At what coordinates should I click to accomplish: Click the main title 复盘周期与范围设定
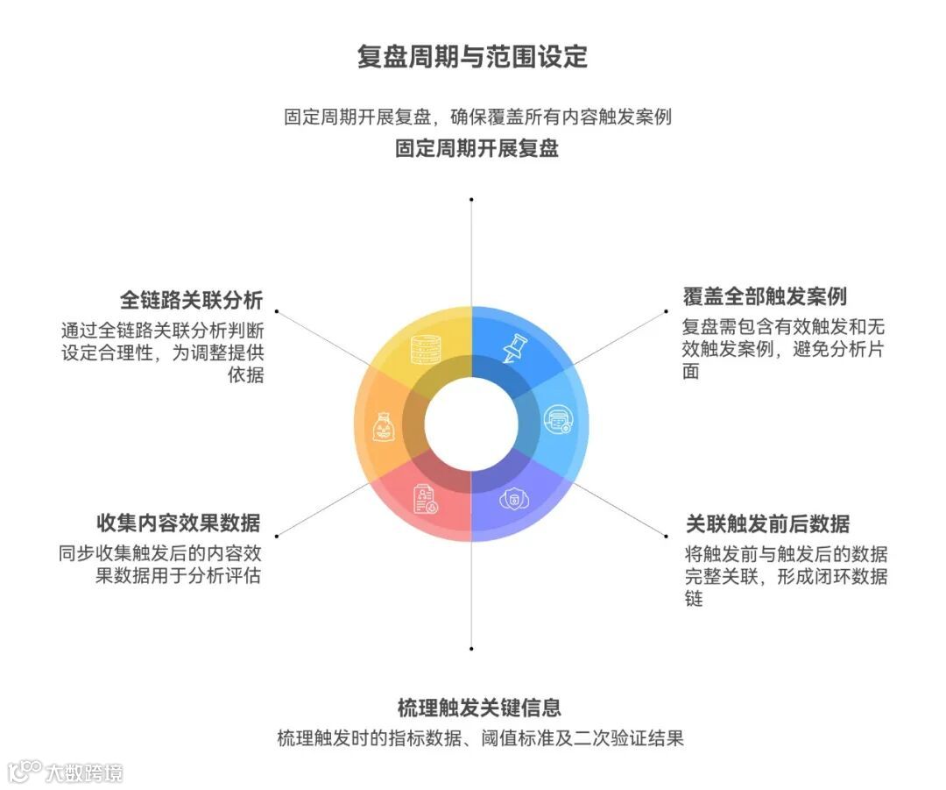point(472,57)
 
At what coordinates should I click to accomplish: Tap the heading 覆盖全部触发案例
point(765,295)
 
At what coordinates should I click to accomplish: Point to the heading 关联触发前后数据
point(767,524)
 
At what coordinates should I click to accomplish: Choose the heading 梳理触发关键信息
point(479,708)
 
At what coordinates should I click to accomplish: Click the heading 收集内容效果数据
point(178,523)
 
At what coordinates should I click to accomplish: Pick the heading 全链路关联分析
point(191,300)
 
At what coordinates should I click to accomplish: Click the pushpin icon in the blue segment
point(514,348)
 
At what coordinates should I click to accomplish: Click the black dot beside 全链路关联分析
point(276,310)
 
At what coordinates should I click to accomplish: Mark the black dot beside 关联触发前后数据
point(668,535)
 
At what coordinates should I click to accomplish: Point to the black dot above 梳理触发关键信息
point(471,649)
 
